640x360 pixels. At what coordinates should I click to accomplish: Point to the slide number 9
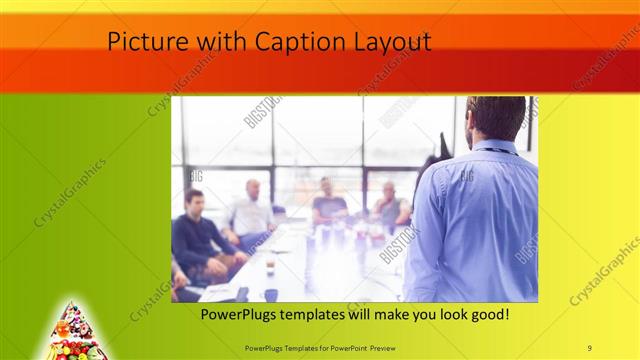click(x=590, y=346)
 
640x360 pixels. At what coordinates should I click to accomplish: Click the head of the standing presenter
click(x=496, y=117)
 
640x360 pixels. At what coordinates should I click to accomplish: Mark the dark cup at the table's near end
click(x=270, y=295)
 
